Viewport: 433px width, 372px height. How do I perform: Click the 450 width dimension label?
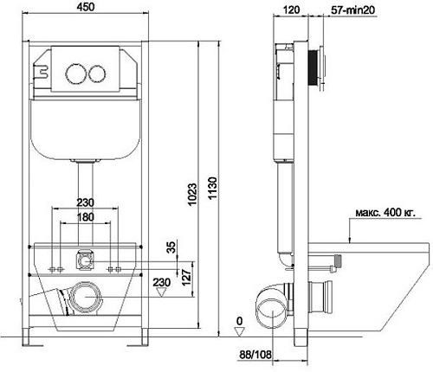pyautogui.click(x=86, y=7)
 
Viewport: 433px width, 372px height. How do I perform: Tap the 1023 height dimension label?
pyautogui.click(x=192, y=194)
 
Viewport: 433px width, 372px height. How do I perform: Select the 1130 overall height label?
pyautogui.click(x=212, y=189)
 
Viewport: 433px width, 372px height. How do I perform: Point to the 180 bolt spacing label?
pyautogui.click(x=86, y=216)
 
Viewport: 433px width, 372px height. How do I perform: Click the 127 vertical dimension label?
pyautogui.click(x=186, y=277)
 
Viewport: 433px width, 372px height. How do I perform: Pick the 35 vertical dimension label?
pyautogui.click(x=171, y=247)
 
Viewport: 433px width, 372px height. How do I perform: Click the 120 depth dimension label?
pyautogui.click(x=291, y=10)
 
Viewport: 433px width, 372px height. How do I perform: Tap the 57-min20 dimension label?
pyautogui.click(x=352, y=10)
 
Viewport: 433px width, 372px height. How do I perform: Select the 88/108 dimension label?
pyautogui.click(x=255, y=355)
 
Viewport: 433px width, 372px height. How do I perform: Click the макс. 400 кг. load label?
pyautogui.click(x=385, y=213)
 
